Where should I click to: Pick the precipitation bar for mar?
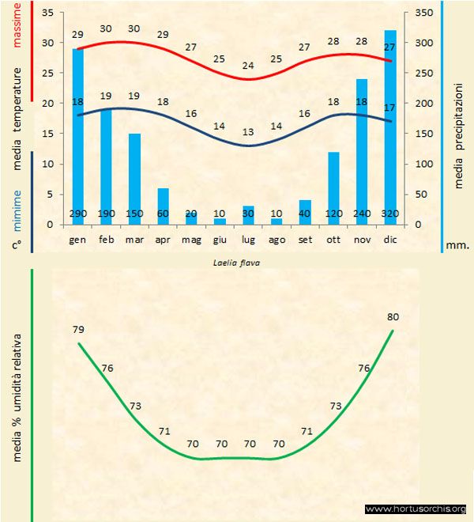click(x=135, y=178)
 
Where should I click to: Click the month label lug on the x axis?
click(x=248, y=238)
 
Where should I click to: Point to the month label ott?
click(x=333, y=238)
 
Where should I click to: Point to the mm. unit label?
click(x=457, y=245)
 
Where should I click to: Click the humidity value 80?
click(x=393, y=316)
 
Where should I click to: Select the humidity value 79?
click(x=77, y=329)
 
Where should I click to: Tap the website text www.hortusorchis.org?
click(x=416, y=509)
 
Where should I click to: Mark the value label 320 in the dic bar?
click(x=390, y=214)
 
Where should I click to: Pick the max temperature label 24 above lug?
click(x=248, y=65)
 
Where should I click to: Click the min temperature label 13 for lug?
click(x=248, y=131)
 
